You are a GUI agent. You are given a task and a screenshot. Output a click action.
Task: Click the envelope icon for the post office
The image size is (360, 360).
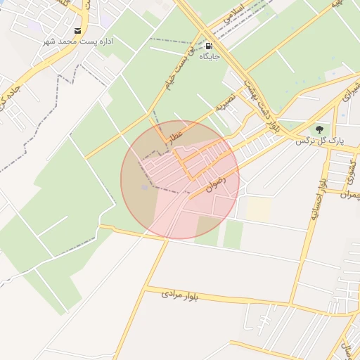click(x=77, y=31)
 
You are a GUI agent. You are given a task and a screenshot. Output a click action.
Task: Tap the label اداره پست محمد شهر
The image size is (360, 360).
click(x=77, y=42)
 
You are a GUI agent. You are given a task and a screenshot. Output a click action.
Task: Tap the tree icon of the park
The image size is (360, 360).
click(x=320, y=129)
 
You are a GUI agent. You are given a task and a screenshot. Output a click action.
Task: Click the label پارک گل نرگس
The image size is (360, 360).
click(x=320, y=141)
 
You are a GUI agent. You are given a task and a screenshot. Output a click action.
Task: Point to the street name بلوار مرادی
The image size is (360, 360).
click(x=181, y=295)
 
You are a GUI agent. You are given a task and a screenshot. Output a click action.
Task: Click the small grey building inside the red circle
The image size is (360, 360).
click(x=146, y=187)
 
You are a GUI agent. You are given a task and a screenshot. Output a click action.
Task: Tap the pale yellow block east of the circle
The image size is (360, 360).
click(x=259, y=208)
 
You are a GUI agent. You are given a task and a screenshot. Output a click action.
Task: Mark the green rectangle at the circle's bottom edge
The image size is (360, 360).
click(x=209, y=225)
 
